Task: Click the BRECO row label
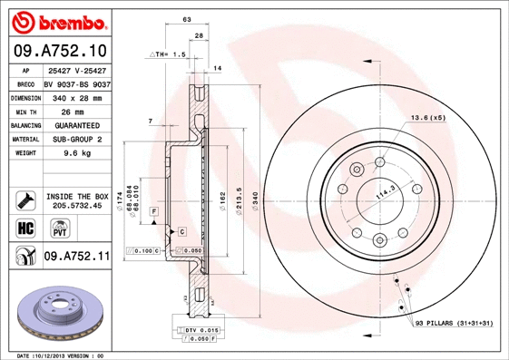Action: tap(25, 83)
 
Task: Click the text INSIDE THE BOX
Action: tap(77, 196)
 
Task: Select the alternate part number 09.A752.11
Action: tap(76, 257)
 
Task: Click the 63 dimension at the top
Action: tap(186, 18)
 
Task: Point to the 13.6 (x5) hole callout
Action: tap(427, 118)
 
